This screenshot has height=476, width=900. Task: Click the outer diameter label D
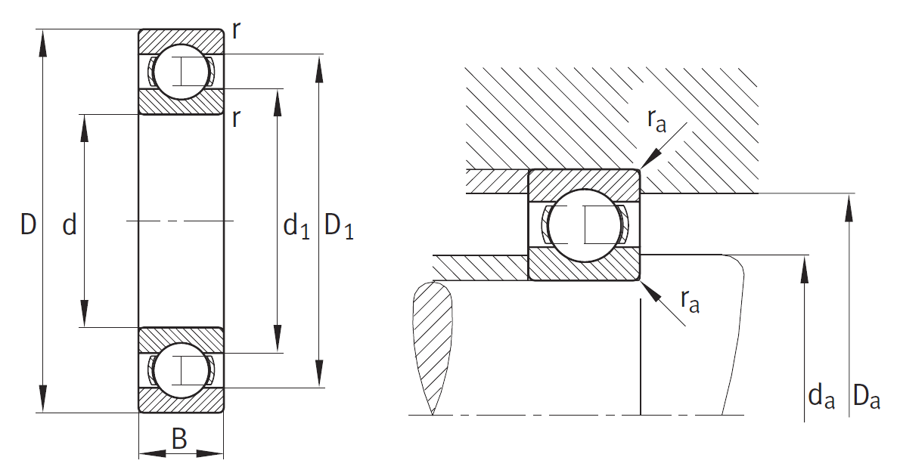coord(28,224)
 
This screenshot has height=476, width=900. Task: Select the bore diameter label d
coord(70,224)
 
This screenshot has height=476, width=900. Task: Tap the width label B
coord(180,439)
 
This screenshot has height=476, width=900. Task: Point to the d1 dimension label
coord(296,226)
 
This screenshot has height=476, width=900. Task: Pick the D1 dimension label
coord(339,225)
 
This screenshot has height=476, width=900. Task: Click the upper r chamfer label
coord(236,31)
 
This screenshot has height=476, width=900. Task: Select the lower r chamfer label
coord(236,118)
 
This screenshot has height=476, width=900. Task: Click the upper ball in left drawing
coord(181,72)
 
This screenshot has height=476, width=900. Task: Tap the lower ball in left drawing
coord(181,370)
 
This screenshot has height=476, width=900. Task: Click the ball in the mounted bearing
coord(585,225)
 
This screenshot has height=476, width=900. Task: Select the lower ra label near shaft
coord(690,300)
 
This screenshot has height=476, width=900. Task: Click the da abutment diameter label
coord(821,396)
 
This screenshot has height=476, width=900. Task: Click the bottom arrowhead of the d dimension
coord(85,314)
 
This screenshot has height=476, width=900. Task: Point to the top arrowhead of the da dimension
coord(805,270)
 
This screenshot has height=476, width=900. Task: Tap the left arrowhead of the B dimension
coord(153,453)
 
